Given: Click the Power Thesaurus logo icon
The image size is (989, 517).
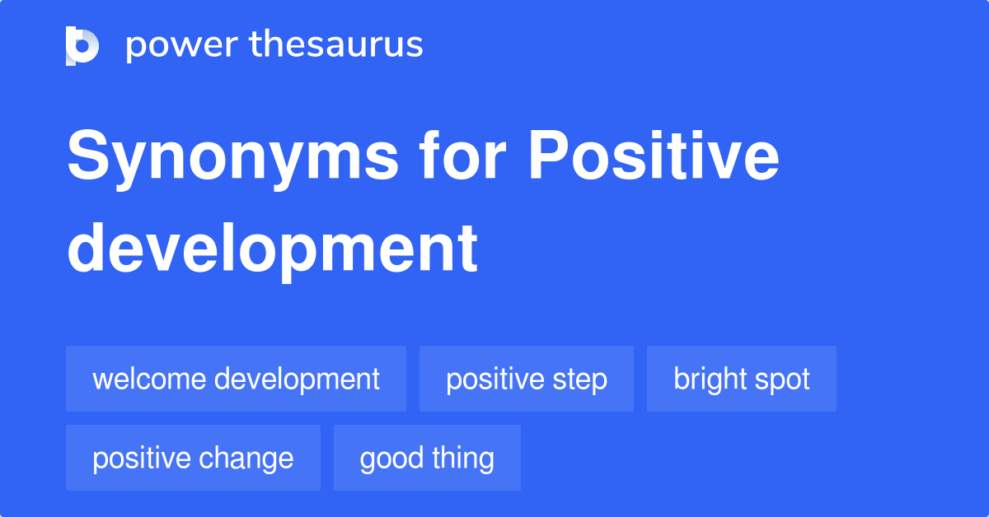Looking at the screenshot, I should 82,45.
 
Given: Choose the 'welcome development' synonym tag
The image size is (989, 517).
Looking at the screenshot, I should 236,379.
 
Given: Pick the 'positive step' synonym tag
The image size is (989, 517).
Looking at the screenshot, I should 526,379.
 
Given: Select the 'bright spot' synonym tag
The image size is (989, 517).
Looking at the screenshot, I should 741,379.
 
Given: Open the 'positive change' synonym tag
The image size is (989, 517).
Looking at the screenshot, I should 193,458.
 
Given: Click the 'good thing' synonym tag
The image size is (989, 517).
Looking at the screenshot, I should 427,458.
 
